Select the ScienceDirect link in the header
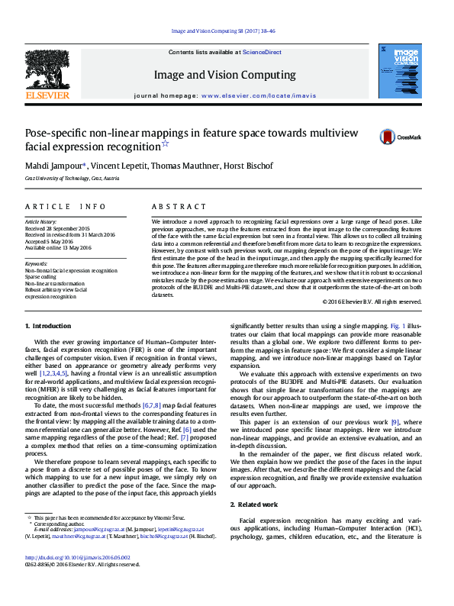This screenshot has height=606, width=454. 262,53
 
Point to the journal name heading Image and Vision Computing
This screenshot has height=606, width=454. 224,75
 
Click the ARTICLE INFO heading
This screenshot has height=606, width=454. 66,207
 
